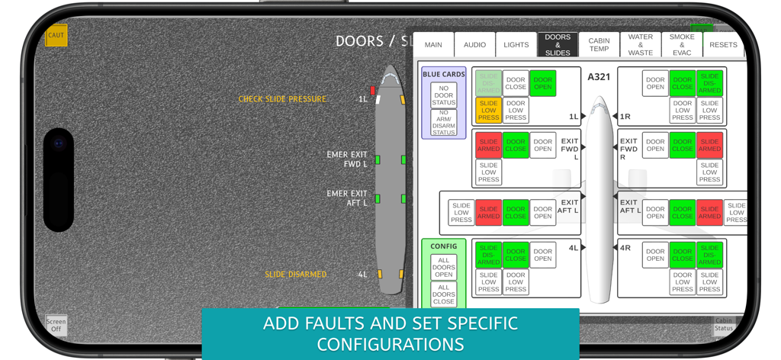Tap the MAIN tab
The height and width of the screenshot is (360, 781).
click(433, 45)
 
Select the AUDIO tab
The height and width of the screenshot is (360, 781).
click(474, 45)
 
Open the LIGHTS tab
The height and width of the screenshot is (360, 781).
click(516, 45)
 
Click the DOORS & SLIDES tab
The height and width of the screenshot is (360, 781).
click(558, 45)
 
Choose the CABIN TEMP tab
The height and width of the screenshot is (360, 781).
click(599, 45)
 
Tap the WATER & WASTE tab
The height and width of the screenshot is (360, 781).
click(641, 45)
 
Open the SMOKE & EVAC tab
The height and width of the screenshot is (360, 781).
click(682, 45)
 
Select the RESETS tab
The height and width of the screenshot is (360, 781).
click(723, 45)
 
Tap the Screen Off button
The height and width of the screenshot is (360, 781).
click(56, 325)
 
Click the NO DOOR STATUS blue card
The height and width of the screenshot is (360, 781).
click(443, 95)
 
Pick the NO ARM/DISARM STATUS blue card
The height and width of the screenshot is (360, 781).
click(443, 123)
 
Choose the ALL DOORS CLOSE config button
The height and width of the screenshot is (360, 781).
click(443, 294)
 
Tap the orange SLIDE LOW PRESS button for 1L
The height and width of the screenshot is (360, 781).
click(488, 111)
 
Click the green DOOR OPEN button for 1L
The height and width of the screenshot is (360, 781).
click(543, 83)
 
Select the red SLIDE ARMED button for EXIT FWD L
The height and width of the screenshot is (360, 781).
click(488, 145)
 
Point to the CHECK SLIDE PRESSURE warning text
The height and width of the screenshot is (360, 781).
click(282, 99)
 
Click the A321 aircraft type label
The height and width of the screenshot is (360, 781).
click(599, 77)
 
